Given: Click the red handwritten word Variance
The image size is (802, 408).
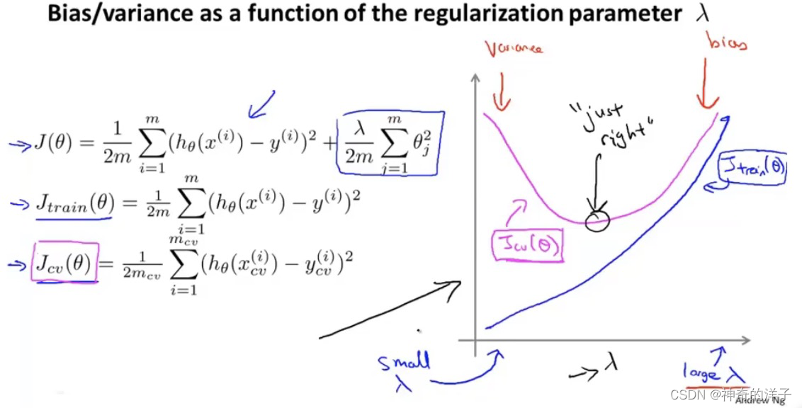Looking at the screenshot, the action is point(512,49).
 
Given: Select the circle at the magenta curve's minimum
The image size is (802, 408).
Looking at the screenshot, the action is point(597,220).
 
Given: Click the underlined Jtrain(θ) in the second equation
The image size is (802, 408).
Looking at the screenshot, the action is point(73,205).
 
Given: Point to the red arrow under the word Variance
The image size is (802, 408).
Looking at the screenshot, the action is point(501,93).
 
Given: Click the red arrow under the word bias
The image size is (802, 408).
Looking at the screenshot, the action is point(706,87).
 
